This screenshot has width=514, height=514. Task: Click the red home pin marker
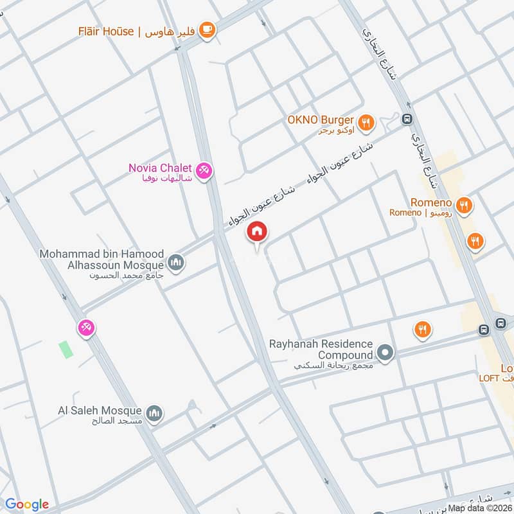click(x=257, y=232)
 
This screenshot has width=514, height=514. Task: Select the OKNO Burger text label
click(x=321, y=120)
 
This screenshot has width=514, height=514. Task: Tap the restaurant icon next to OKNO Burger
click(x=366, y=122)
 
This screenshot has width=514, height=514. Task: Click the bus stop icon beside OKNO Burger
click(x=407, y=119)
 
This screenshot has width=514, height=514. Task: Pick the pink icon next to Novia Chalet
click(x=206, y=171)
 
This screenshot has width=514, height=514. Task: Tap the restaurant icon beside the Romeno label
click(x=465, y=206)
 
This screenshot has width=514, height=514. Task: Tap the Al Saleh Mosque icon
click(x=154, y=414)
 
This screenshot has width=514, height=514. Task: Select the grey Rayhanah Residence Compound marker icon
click(x=385, y=352)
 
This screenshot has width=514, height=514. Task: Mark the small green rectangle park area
click(x=66, y=350)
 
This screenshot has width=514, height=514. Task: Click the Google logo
click(x=27, y=504)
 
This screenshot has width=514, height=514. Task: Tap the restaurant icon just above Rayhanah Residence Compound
click(x=421, y=330)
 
